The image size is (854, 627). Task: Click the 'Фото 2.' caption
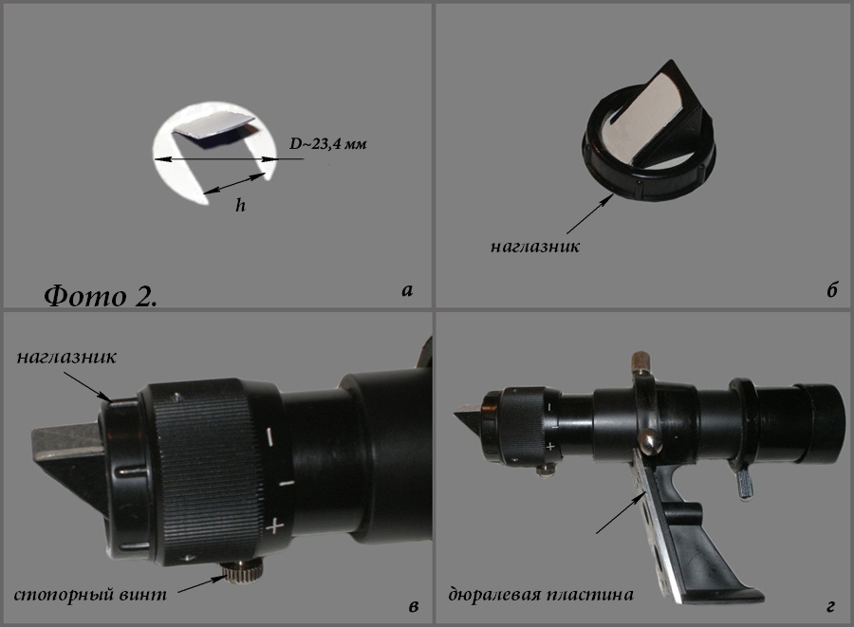coord(101,296)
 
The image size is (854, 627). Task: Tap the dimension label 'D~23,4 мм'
coord(328,143)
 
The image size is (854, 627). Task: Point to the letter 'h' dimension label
coord(240,205)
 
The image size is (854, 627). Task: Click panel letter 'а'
coord(407,290)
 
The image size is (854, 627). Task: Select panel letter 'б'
coord(831,290)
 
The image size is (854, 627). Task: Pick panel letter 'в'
coord(414,606)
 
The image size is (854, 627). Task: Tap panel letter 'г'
coord(830,606)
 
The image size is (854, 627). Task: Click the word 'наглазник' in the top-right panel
coord(535,247)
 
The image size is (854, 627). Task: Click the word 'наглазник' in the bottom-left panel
coord(66,357)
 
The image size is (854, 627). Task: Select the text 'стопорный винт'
coord(90,595)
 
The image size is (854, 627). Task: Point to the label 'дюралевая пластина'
coord(541,594)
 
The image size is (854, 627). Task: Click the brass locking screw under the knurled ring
coord(241,572)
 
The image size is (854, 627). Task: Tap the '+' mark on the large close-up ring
coord(275,526)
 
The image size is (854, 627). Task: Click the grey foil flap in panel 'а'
coord(214,132)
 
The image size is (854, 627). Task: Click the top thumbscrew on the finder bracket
coord(640,361)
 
